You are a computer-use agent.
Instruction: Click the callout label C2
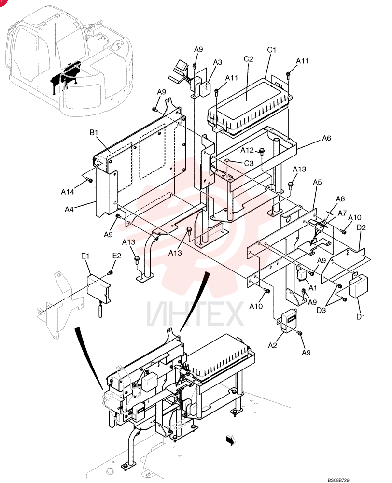pyautogui.click(x=248, y=58)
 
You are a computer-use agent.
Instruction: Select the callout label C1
pyautogui.click(x=272, y=50)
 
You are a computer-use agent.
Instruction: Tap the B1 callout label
pyautogui.click(x=94, y=132)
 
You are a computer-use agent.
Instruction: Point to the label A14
pyautogui.click(x=68, y=192)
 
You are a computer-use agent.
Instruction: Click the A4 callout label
pyautogui.click(x=70, y=210)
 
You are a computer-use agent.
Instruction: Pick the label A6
pyautogui.click(x=326, y=138)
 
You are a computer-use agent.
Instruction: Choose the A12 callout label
pyautogui.click(x=247, y=150)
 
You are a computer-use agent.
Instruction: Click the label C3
pyautogui.click(x=249, y=163)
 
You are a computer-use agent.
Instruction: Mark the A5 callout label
pyautogui.click(x=317, y=182)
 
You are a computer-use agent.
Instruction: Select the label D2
pyautogui.click(x=361, y=227)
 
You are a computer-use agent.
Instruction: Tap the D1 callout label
pyautogui.click(x=361, y=317)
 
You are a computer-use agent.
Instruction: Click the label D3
pyautogui.click(x=321, y=310)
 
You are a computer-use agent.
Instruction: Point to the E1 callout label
pyautogui.click(x=85, y=256)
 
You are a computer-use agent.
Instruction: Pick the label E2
pyautogui.click(x=117, y=256)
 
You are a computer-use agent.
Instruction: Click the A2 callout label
pyautogui.click(x=273, y=346)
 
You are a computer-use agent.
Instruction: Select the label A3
pyautogui.click(x=217, y=62)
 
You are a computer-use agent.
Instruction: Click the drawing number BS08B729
pyautogui.click(x=338, y=480)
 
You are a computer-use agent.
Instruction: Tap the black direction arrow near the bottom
pyautogui.click(x=230, y=440)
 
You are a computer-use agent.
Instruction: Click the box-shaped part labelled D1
pyautogui.click(x=358, y=286)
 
